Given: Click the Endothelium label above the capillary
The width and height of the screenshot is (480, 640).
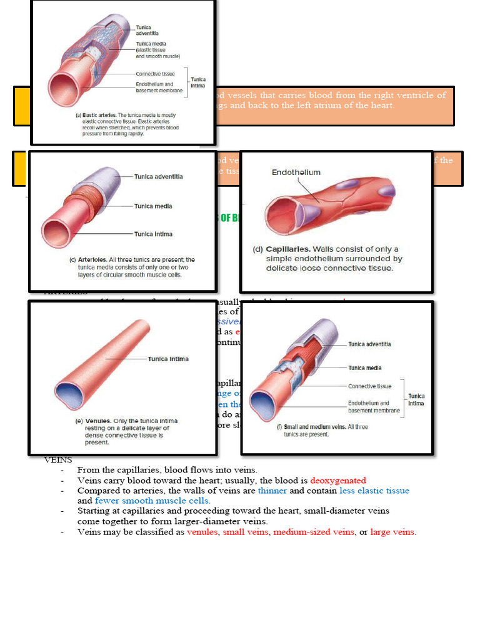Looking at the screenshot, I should (296, 172).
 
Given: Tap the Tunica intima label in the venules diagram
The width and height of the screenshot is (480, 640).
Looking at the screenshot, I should (168, 359).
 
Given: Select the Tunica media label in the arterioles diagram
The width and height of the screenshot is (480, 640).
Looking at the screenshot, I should (153, 206).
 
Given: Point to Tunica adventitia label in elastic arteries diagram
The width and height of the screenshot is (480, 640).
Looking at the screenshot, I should (147, 30).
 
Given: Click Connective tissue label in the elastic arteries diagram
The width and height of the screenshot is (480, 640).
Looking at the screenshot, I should (156, 74).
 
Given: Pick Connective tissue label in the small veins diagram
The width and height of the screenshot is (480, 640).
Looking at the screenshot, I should (370, 386).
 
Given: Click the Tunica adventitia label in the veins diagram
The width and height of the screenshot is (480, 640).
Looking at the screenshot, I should (374, 344).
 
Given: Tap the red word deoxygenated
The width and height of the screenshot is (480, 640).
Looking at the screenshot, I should (337, 481).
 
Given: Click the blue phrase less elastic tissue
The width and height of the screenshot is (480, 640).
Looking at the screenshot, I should (374, 491).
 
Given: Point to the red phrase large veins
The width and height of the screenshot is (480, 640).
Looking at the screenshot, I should (392, 532).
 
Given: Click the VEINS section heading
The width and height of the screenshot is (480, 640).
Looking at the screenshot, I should (58, 460).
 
